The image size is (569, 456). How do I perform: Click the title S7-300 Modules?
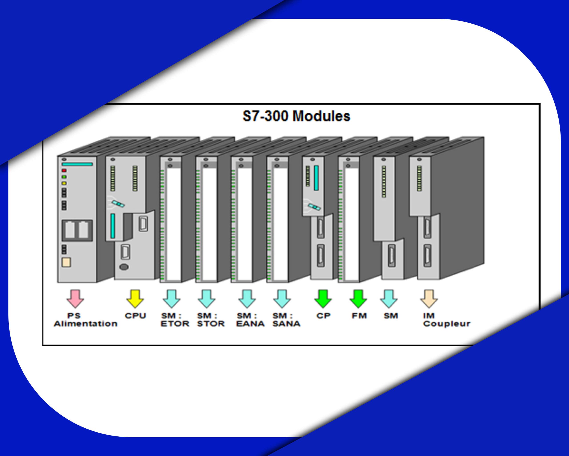point(296,116)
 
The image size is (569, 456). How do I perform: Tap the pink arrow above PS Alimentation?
point(75,299)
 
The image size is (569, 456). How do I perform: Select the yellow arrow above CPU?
point(135,299)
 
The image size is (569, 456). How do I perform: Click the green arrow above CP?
point(323,299)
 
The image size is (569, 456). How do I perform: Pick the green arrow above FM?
point(358,299)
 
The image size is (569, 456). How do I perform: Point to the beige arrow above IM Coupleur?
point(429,299)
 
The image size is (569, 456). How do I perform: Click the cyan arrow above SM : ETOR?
point(172,299)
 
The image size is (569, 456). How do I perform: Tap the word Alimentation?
point(86,324)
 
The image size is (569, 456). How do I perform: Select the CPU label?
point(135,316)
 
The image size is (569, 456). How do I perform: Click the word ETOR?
point(175,324)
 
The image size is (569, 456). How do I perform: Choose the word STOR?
point(211,324)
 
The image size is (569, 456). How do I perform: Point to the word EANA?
point(250,324)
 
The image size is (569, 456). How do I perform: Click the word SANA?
point(286,324)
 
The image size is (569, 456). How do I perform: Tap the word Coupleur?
point(447,324)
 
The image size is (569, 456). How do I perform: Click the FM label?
point(359,316)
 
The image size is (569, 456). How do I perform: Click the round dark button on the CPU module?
point(124,267)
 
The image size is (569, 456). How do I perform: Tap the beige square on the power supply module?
point(66,262)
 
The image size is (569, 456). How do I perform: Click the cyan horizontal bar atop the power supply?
point(77,164)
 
